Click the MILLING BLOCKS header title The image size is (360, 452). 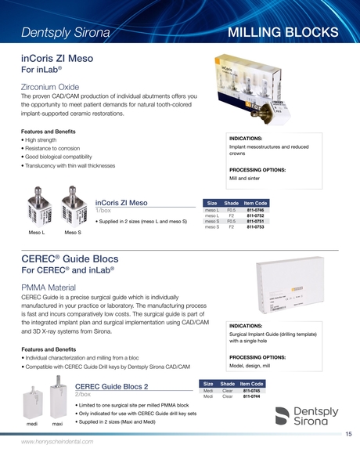pyautogui.click(x=283, y=32)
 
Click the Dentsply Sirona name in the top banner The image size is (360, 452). pyautogui.click(x=66, y=33)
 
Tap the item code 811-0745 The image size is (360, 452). pyautogui.click(x=251, y=390)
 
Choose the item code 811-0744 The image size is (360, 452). pyautogui.click(x=251, y=396)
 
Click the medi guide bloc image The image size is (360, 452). pyautogui.click(x=32, y=405)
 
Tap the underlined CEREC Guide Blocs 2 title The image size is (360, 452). pyautogui.click(x=111, y=386)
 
